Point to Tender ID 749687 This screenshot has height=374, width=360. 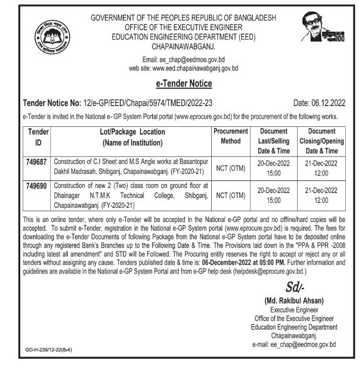[37, 162]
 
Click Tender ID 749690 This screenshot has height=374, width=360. [37, 186]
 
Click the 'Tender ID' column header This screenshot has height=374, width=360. [37, 137]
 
